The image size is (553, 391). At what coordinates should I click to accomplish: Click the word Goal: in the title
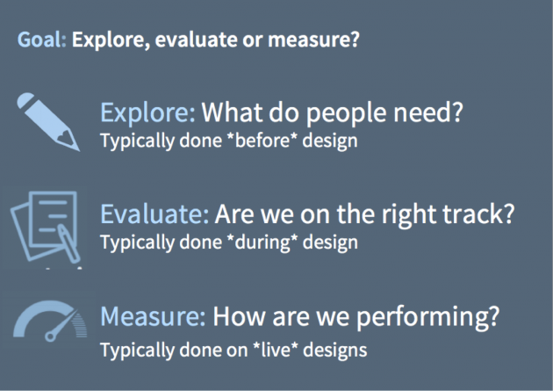(x=41, y=40)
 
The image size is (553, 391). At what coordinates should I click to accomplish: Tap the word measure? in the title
(x=313, y=40)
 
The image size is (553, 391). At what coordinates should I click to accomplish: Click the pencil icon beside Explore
(x=48, y=122)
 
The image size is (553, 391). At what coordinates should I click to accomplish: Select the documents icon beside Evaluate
(x=46, y=228)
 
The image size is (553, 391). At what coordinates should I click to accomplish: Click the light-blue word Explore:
(x=147, y=113)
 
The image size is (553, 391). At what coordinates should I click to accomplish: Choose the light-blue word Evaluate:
(x=154, y=214)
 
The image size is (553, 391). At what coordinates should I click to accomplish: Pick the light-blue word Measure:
(x=153, y=316)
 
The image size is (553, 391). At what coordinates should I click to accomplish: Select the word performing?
(x=427, y=317)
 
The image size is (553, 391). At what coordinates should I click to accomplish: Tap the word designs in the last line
(x=335, y=351)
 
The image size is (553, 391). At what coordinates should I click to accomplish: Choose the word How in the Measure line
(x=239, y=316)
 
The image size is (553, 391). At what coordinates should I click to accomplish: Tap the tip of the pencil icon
(x=80, y=151)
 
